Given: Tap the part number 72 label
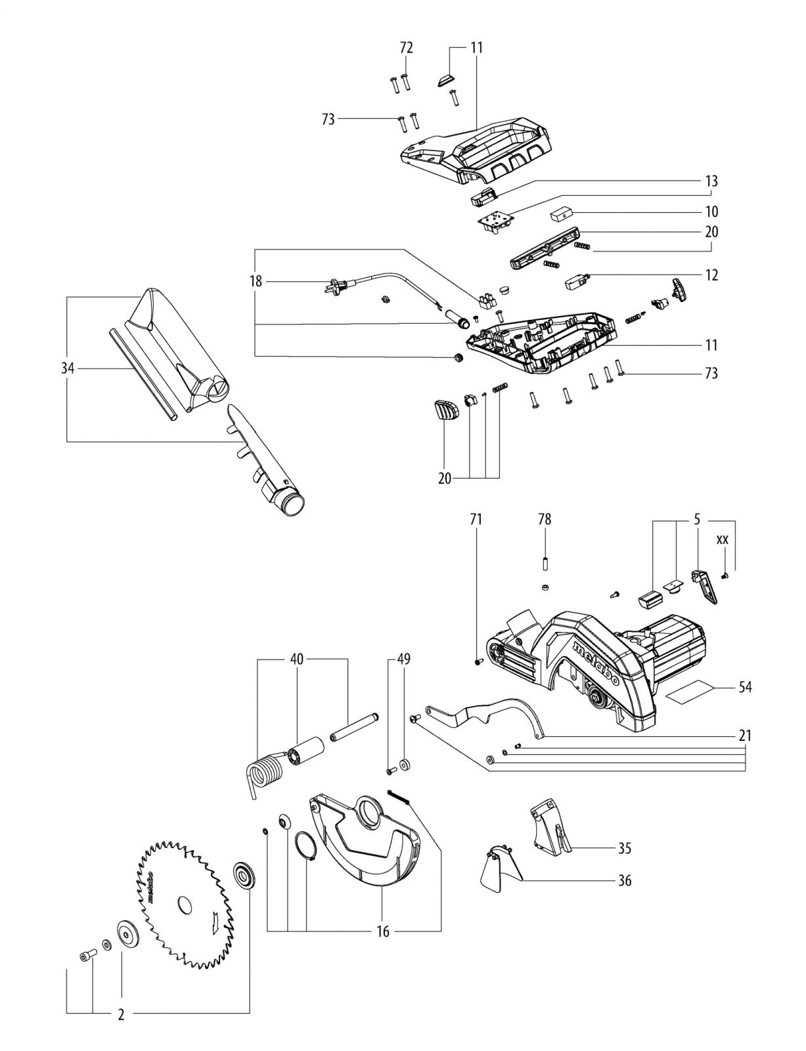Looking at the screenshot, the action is (407, 48).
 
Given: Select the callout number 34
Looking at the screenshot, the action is (68, 369).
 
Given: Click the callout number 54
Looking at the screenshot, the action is (745, 687).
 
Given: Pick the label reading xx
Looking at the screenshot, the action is (722, 540).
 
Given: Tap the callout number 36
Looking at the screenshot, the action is (625, 880).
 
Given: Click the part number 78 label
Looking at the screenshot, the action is (545, 520).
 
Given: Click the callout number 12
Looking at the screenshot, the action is (711, 275).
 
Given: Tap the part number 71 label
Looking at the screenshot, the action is (476, 520).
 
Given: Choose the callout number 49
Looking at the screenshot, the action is (404, 659).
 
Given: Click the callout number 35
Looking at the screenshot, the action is (625, 848).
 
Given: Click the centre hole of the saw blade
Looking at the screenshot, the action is (183, 904).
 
